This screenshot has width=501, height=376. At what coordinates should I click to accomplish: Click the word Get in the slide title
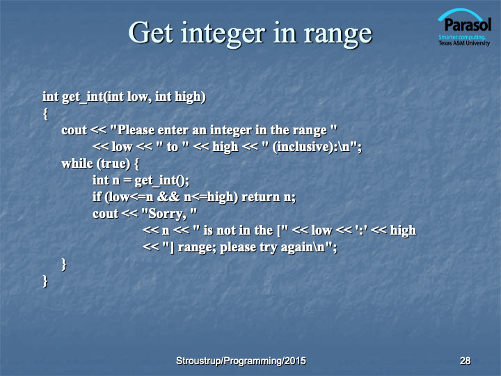(151, 33)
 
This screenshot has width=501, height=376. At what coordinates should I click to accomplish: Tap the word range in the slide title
(338, 36)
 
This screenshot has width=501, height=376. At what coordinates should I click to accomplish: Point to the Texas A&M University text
(464, 43)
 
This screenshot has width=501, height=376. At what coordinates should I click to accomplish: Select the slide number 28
(466, 361)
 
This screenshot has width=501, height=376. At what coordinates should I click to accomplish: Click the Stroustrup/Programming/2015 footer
(241, 361)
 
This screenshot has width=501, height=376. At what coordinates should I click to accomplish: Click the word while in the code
(77, 164)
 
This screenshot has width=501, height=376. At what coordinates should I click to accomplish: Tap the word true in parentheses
(113, 164)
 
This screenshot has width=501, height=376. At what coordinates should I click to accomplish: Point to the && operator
(168, 197)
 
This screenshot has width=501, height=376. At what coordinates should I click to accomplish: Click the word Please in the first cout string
(136, 130)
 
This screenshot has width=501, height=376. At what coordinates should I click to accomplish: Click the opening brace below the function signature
(46, 113)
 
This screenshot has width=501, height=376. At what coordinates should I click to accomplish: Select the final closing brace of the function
(45, 281)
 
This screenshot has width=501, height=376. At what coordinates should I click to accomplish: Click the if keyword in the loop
(97, 196)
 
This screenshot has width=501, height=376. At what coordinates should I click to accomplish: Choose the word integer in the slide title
(223, 35)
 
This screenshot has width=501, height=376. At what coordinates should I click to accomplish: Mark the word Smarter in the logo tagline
(446, 38)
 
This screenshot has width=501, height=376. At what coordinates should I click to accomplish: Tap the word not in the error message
(227, 230)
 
